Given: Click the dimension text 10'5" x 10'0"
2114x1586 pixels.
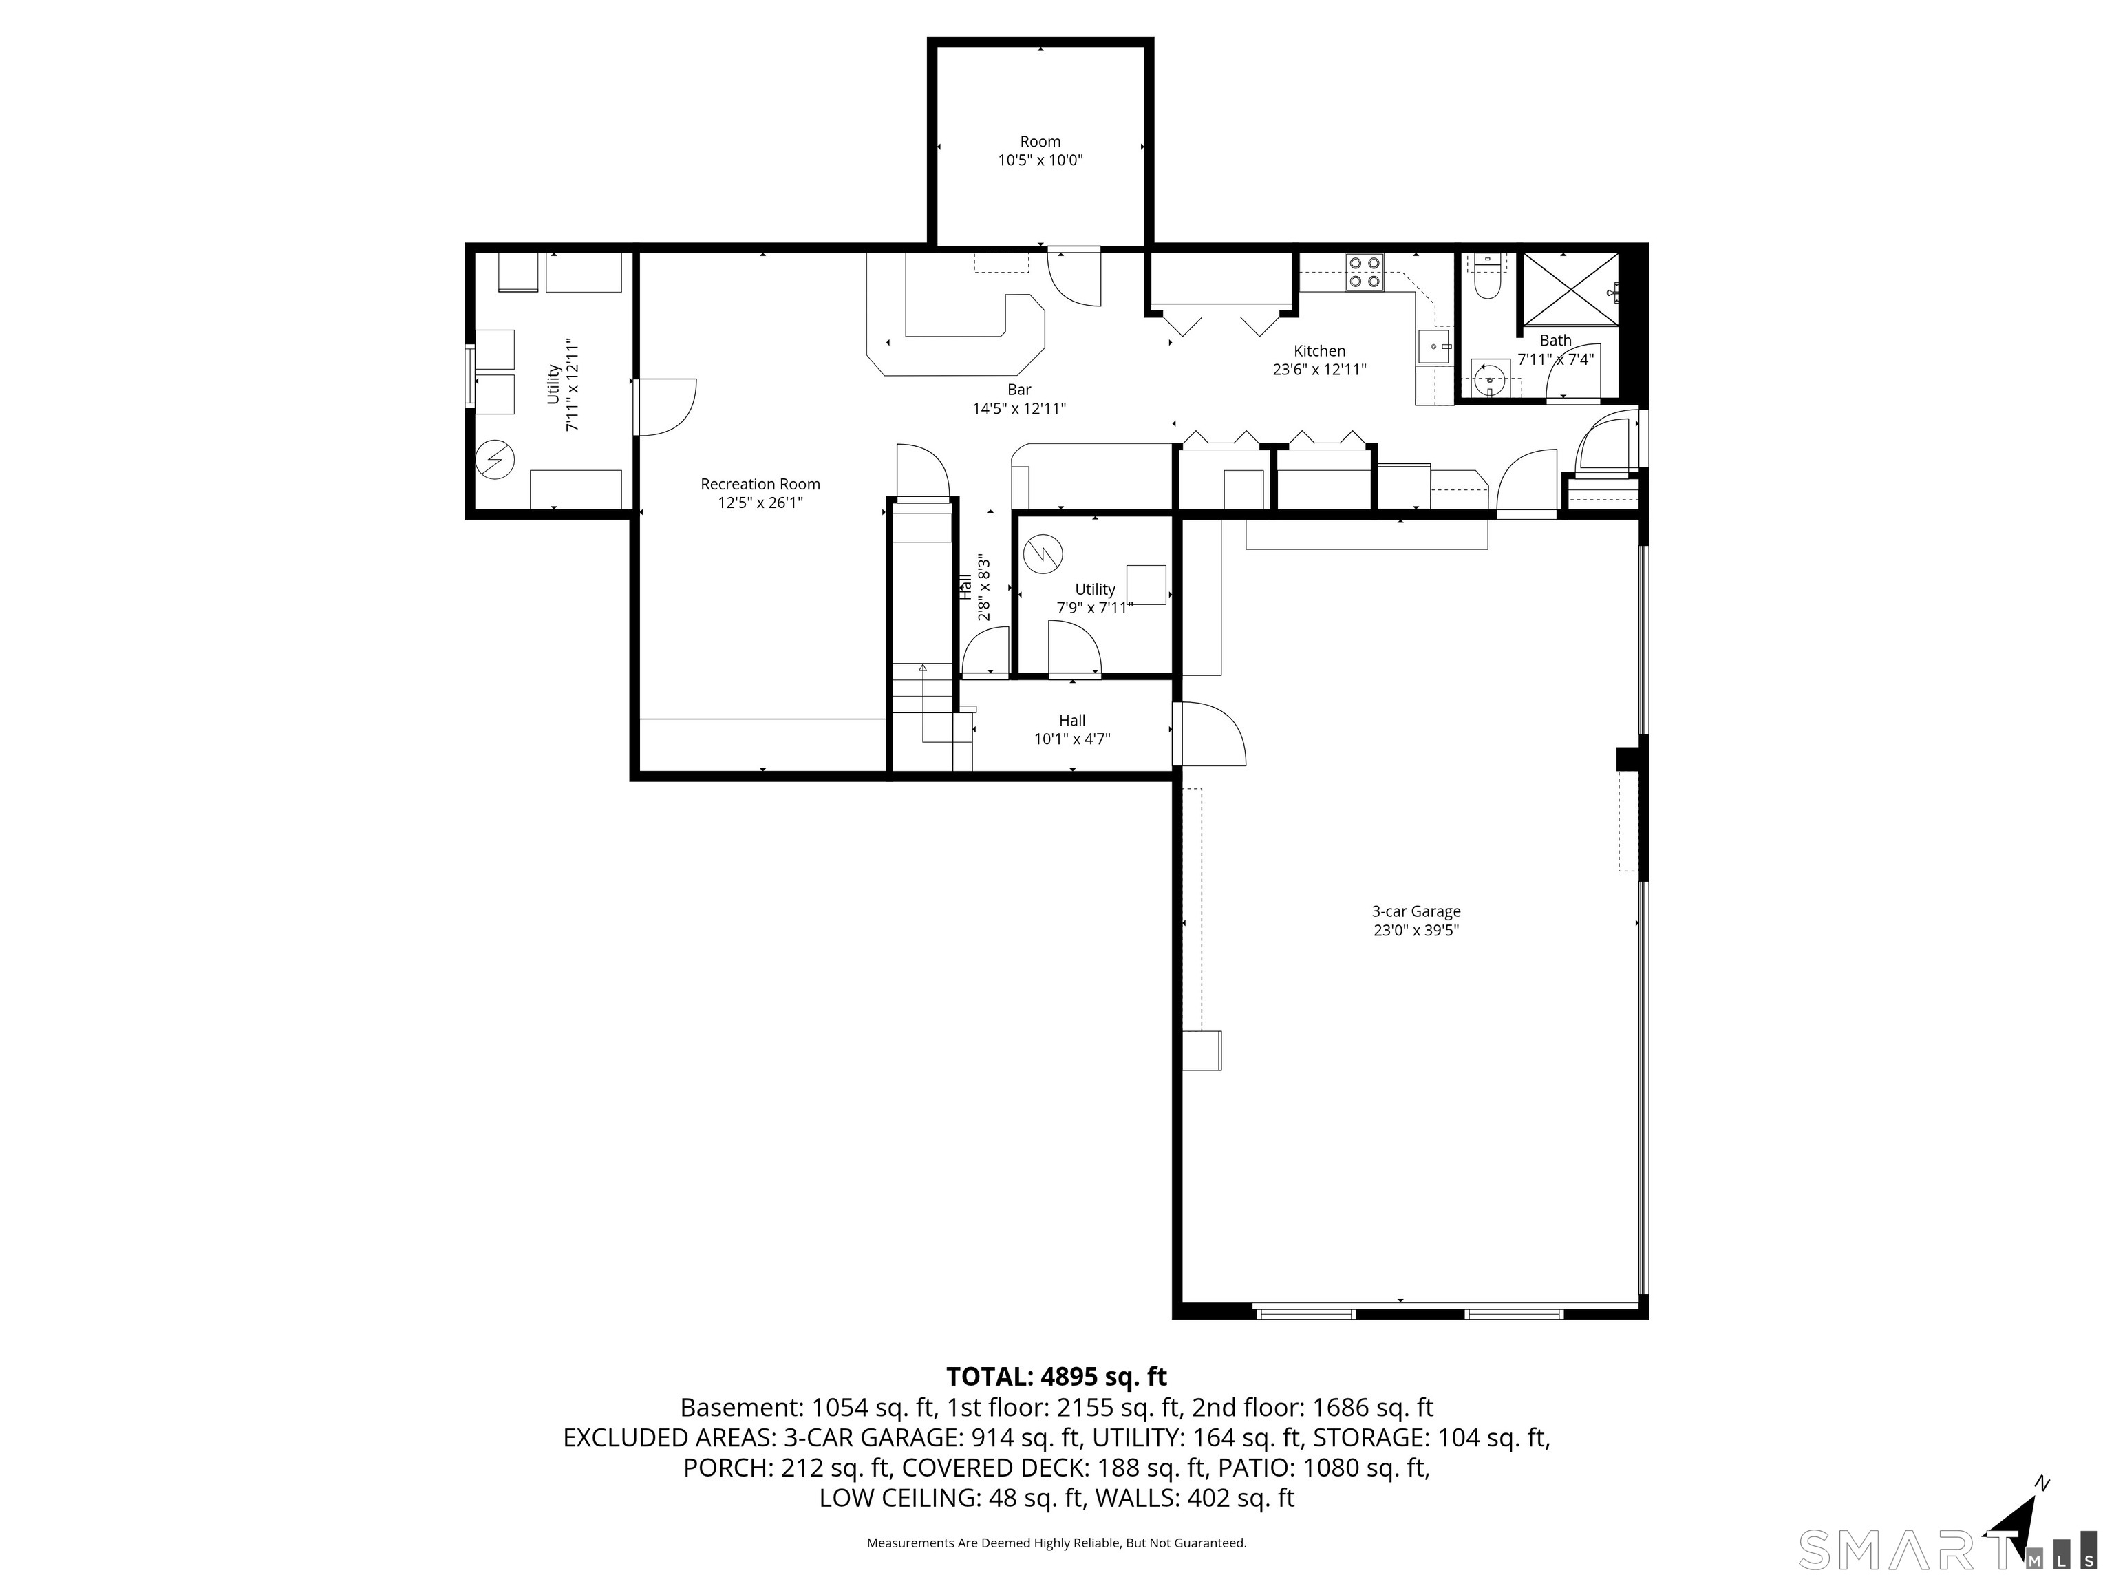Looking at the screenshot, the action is tap(1040, 160).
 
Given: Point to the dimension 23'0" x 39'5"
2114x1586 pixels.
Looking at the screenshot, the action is tap(1416, 930).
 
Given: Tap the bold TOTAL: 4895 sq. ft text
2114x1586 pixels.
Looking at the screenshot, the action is tap(1056, 1377).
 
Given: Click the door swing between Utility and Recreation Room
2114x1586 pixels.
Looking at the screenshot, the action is tap(666, 408).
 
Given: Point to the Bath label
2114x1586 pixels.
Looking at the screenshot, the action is tap(1555, 340).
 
